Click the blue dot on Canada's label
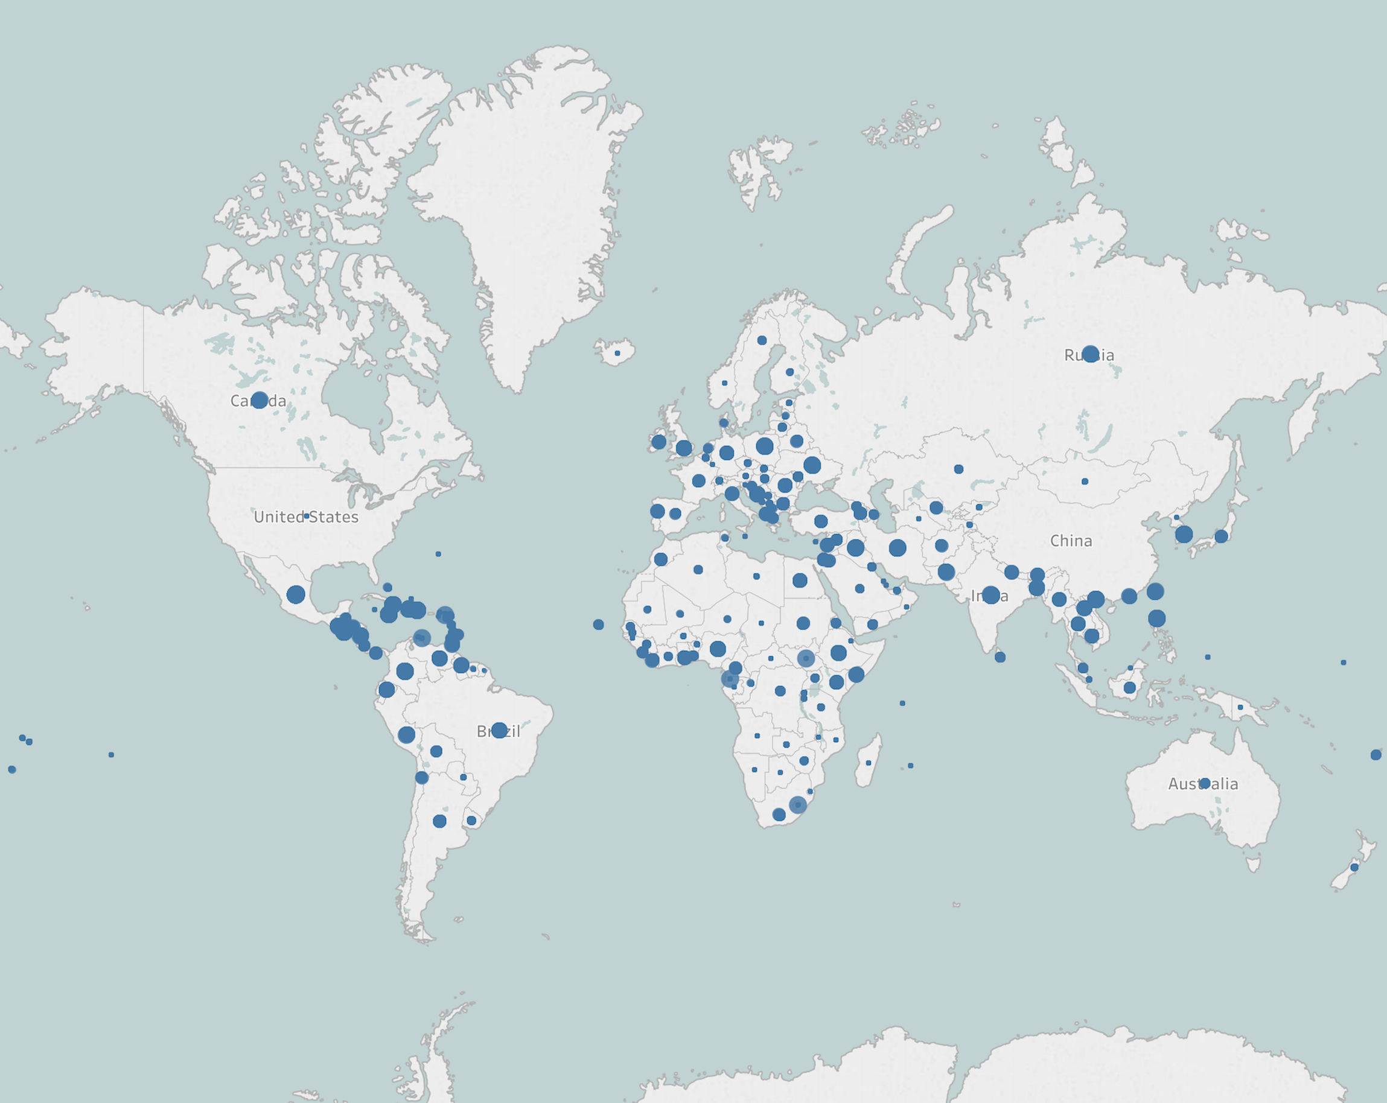(x=260, y=400)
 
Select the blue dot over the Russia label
(x=1090, y=354)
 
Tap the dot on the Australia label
(x=1205, y=783)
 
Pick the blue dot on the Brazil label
(x=499, y=730)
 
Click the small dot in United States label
(x=306, y=516)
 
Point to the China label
(x=1071, y=541)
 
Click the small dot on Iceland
(x=617, y=353)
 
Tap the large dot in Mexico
(x=295, y=594)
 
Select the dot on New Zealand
(x=1354, y=868)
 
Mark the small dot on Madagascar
(x=869, y=763)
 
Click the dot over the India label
(x=990, y=595)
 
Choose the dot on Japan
(x=1221, y=536)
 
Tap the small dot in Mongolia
(x=1085, y=481)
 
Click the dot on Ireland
(x=658, y=442)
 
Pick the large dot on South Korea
(x=1184, y=534)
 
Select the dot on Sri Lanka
(x=1000, y=656)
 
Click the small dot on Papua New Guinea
(x=1240, y=707)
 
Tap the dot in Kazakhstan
(x=958, y=469)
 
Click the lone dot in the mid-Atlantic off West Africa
(x=598, y=625)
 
